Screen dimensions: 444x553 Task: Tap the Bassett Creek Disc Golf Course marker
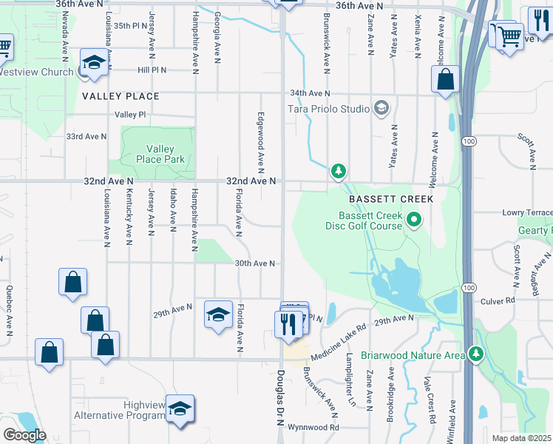tap(414, 220)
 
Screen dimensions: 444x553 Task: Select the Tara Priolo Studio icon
tap(381, 109)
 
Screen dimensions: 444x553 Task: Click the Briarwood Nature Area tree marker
tap(477, 355)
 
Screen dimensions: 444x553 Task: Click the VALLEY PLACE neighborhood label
tap(121, 96)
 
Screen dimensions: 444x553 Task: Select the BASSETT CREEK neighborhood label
tap(391, 200)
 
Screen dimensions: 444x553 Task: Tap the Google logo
tap(25, 435)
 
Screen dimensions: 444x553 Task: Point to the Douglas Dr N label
tap(281, 397)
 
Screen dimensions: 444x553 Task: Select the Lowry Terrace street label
tap(526, 212)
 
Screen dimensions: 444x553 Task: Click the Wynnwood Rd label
tap(313, 427)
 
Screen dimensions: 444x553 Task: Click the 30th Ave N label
tap(255, 263)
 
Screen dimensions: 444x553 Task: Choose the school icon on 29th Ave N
tap(218, 315)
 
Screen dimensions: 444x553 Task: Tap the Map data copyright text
tap(522, 438)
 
